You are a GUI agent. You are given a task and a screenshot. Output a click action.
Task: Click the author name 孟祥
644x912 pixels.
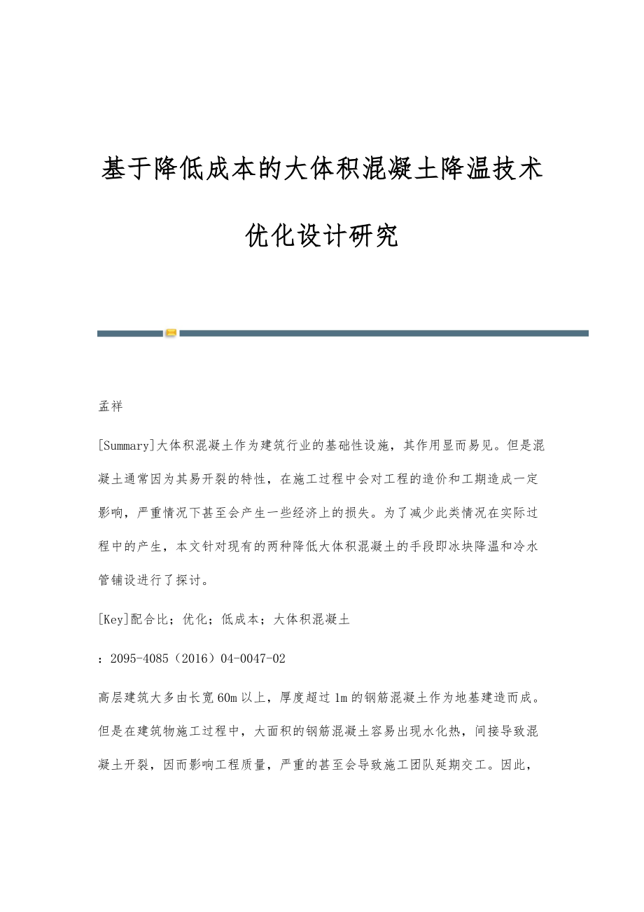tap(111, 407)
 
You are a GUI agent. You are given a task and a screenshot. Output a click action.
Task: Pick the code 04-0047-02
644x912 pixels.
tap(253, 659)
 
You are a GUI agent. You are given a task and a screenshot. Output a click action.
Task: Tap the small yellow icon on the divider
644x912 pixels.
tap(171, 333)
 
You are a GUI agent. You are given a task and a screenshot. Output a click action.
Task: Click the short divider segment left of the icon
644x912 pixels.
tap(130, 334)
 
